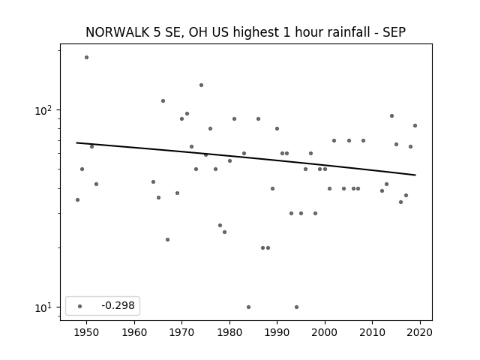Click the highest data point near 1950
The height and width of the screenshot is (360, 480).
pos(87,57)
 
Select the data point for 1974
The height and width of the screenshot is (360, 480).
pos(201,85)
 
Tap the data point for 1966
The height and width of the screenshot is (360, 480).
pos(163,100)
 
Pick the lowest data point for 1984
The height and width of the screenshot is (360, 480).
pos(248,307)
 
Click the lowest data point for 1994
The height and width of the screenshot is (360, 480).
pos(296,307)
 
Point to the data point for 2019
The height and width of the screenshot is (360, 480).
pos(415,125)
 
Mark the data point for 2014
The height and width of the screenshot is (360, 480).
pos(391,115)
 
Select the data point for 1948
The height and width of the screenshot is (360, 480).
pos(77,200)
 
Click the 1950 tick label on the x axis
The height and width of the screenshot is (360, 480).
pos(87,332)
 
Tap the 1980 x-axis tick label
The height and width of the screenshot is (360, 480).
pos(229,332)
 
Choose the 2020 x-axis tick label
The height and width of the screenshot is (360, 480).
pos(420,332)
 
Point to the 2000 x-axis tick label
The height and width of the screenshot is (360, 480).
pos(325,332)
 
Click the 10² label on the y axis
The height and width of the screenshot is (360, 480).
pos(43,110)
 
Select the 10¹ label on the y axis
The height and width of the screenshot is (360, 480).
pos(43,307)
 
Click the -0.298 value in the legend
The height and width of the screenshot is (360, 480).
pos(118,305)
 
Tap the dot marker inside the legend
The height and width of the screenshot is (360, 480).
pos(79,306)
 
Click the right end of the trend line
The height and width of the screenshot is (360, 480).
pos(415,175)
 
